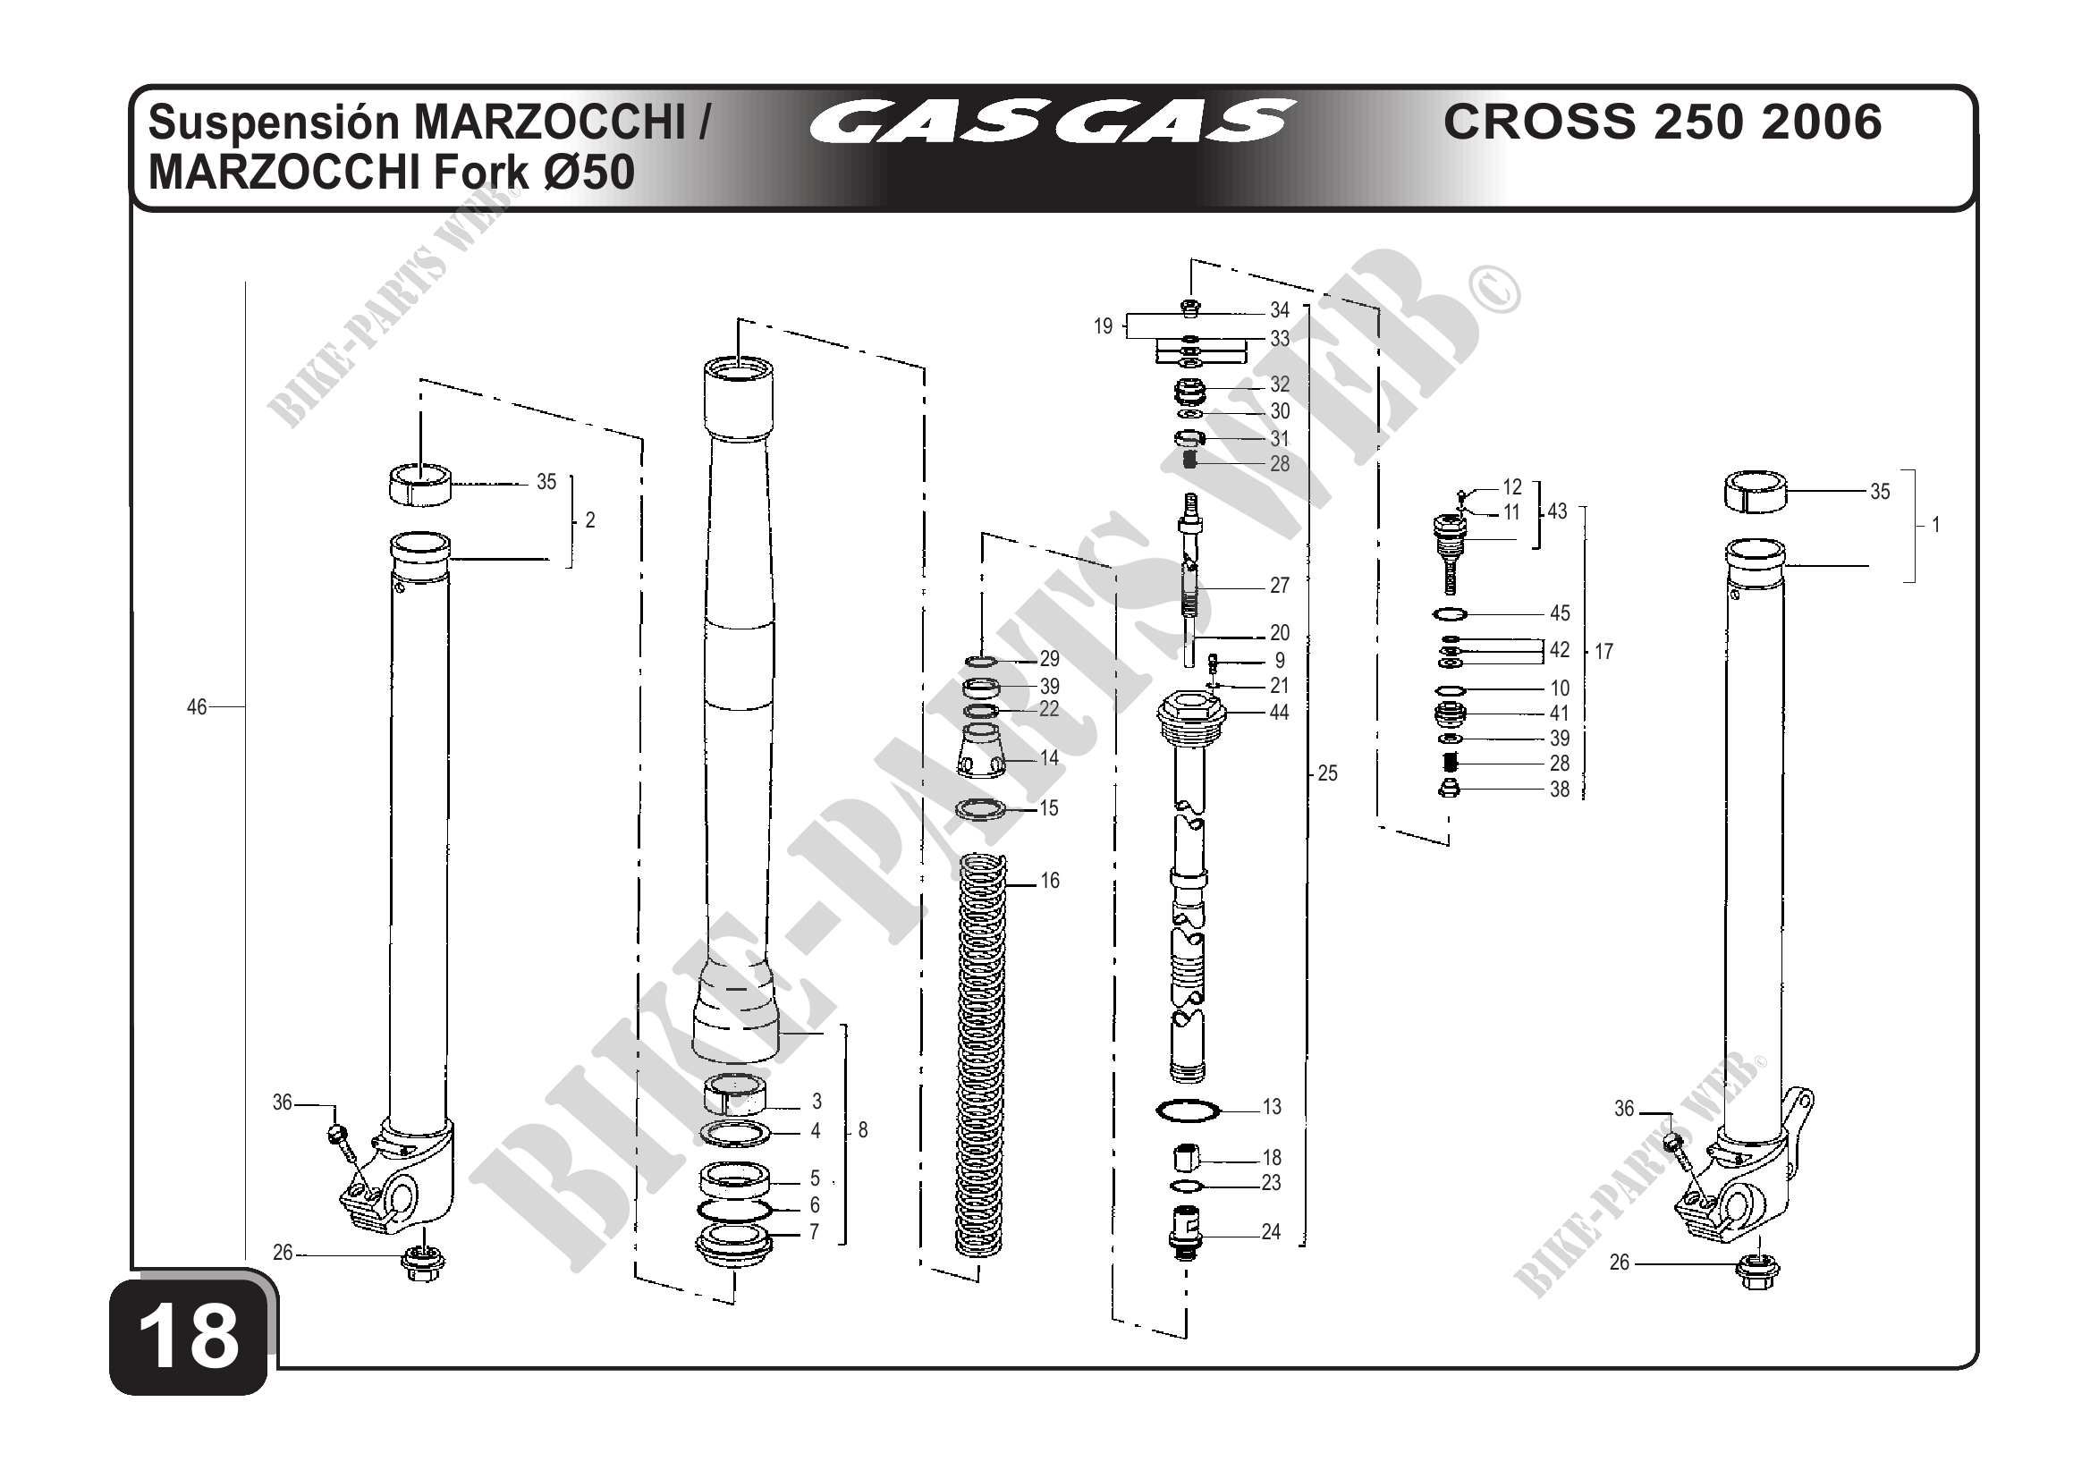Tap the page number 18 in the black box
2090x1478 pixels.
point(189,1337)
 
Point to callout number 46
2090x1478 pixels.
point(197,707)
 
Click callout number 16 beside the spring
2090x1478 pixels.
point(1050,881)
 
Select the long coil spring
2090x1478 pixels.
point(981,1056)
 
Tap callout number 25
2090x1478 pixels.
point(1327,773)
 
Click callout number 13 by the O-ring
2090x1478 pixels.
point(1272,1107)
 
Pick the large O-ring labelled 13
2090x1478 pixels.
point(1187,1111)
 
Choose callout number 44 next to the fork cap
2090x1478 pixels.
point(1279,713)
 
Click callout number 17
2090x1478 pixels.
point(1603,652)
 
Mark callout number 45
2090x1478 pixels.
point(1560,613)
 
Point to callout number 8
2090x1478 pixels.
point(863,1130)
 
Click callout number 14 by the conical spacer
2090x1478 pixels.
point(1050,758)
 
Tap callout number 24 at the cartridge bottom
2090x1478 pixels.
point(1271,1232)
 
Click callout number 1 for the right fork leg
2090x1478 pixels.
point(1935,525)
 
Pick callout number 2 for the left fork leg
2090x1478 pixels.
point(590,520)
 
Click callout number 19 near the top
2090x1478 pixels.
point(1104,326)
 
